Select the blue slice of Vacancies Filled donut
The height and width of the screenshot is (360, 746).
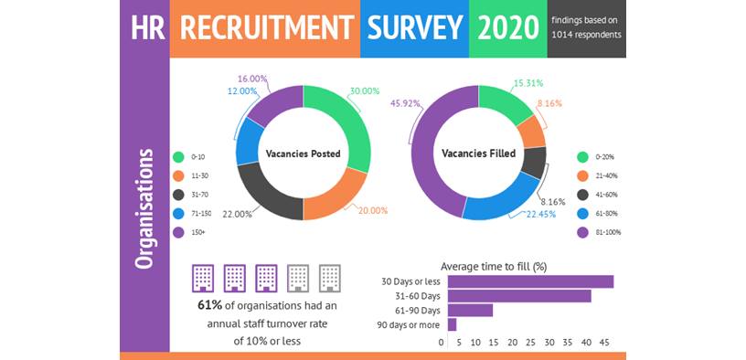(x=505, y=203)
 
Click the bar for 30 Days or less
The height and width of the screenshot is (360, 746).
(x=530, y=281)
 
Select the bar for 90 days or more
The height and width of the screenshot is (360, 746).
(x=452, y=324)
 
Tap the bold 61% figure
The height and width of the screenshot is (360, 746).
(x=209, y=305)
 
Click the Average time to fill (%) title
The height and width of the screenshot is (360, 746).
(x=494, y=266)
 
